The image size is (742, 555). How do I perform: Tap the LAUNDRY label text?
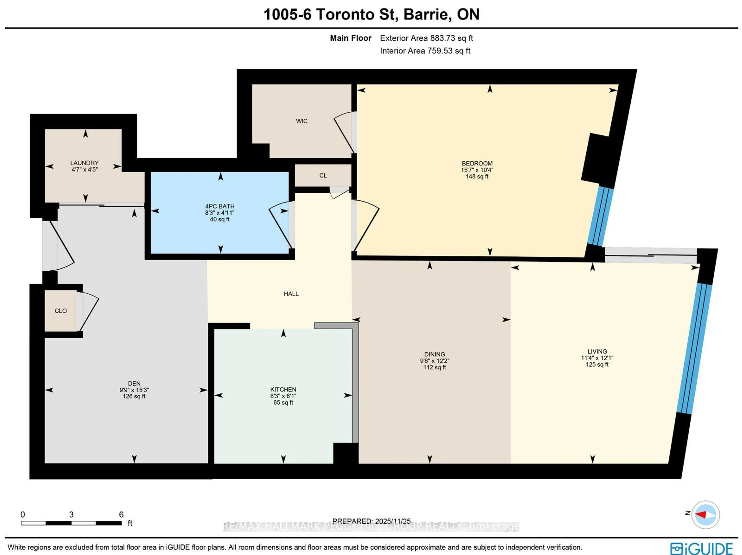84,163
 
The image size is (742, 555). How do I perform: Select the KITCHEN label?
283,389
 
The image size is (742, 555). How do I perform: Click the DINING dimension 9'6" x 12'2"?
434,361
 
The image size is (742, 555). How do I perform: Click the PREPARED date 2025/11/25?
392,521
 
